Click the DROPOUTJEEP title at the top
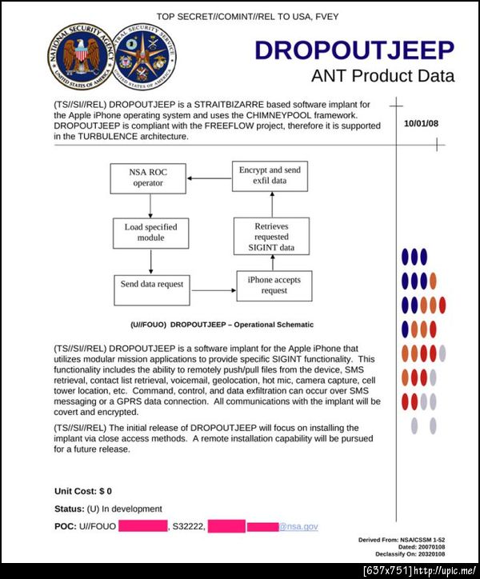(x=354, y=50)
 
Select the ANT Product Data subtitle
(x=382, y=76)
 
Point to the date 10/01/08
(x=421, y=124)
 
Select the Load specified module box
(x=150, y=232)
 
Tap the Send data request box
(x=152, y=284)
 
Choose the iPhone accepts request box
(x=274, y=285)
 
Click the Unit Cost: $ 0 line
(x=83, y=490)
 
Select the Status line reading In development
(x=108, y=509)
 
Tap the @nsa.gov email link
(x=298, y=526)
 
